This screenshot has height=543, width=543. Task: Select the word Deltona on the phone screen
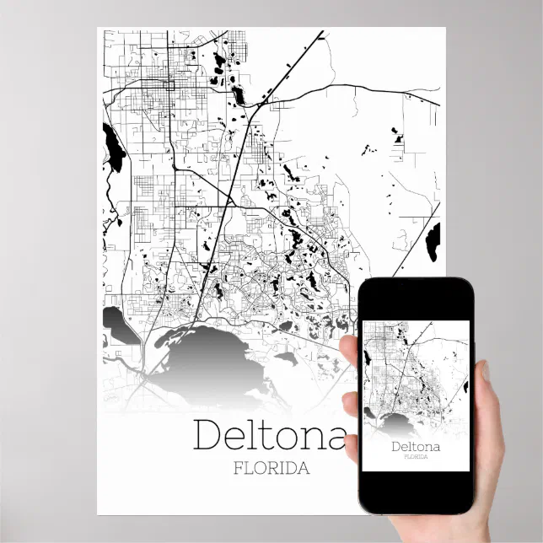(x=414, y=445)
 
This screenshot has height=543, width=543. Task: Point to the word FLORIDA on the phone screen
(x=414, y=457)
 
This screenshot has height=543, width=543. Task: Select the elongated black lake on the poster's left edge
(x=113, y=148)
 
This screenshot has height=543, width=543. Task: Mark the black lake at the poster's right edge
(x=433, y=241)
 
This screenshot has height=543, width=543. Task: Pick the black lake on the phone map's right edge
(x=465, y=387)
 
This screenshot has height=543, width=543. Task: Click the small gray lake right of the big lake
(x=286, y=358)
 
